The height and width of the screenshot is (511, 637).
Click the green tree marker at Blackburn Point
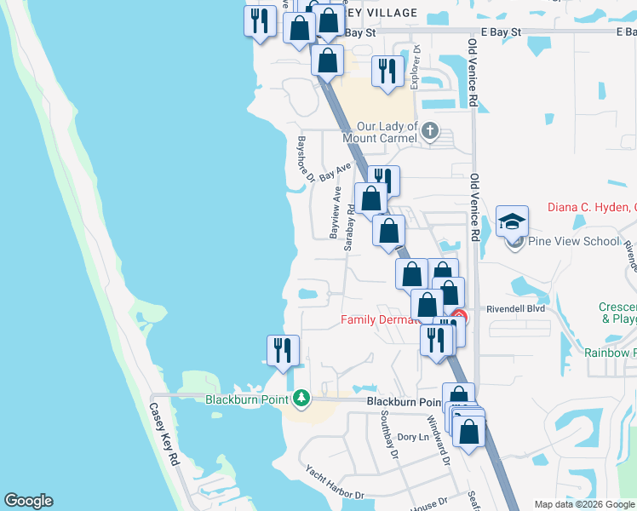point(301,399)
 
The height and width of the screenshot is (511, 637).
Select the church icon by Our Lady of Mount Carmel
point(430,131)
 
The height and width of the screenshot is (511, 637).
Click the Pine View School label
point(574,241)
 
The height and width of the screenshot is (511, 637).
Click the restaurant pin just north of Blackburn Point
point(283,351)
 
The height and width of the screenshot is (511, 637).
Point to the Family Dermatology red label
point(381,320)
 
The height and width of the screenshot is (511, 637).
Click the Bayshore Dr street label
point(305,158)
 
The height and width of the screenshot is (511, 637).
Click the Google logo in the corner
point(28,501)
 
